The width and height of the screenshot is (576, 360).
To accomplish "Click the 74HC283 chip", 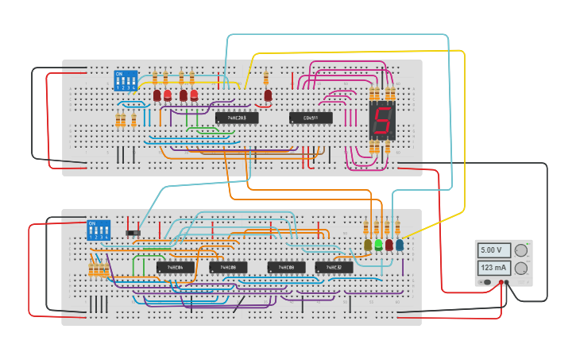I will point(236,118).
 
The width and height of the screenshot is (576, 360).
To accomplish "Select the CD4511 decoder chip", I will point(306,118).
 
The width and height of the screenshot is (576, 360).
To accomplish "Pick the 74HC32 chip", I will point(334,267).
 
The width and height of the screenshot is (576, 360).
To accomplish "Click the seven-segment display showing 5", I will point(382,120).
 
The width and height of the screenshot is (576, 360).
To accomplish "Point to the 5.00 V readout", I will point(493,250).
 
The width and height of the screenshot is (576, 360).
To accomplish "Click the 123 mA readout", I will point(493,268).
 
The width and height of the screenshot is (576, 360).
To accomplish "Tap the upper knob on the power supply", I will point(521,250).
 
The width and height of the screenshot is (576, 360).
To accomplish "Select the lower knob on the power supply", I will point(521,268).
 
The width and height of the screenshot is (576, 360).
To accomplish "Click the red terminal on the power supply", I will point(501,282).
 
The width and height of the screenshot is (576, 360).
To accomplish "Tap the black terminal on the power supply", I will point(508,282).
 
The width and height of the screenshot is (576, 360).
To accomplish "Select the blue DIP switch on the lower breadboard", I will point(98,230).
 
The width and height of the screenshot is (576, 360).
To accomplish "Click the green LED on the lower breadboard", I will point(378,246).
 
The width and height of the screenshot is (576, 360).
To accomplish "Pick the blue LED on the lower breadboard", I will point(399,246).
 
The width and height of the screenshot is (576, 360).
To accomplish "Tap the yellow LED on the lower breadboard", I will point(368,246).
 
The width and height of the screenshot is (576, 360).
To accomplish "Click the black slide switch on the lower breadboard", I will point(133,231).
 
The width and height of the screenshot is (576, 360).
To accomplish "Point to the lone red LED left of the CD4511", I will point(268,95).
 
